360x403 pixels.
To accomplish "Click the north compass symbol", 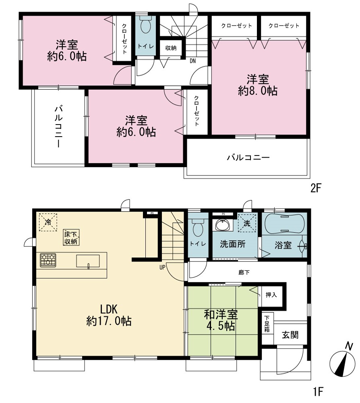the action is click(342, 364).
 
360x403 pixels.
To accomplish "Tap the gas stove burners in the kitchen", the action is click(48, 260).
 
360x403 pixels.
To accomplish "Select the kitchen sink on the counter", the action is click(88, 261).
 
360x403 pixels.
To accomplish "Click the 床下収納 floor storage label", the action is click(71, 237).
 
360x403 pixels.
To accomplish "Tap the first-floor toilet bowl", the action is click(198, 227).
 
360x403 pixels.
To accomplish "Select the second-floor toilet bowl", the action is click(146, 25).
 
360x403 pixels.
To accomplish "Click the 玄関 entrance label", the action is click(290, 335).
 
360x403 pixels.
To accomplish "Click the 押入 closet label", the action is click(271, 295).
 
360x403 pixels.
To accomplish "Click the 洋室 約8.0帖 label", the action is click(258, 85).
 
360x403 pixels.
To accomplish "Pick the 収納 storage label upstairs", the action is click(171, 48).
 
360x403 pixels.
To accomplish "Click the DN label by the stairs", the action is click(193, 61).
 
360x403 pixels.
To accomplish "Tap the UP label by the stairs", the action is click(162, 267).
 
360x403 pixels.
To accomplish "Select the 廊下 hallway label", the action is click(244, 272).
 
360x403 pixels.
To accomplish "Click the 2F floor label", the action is click(316, 188).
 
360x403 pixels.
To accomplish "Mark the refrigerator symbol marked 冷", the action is click(48, 222).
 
